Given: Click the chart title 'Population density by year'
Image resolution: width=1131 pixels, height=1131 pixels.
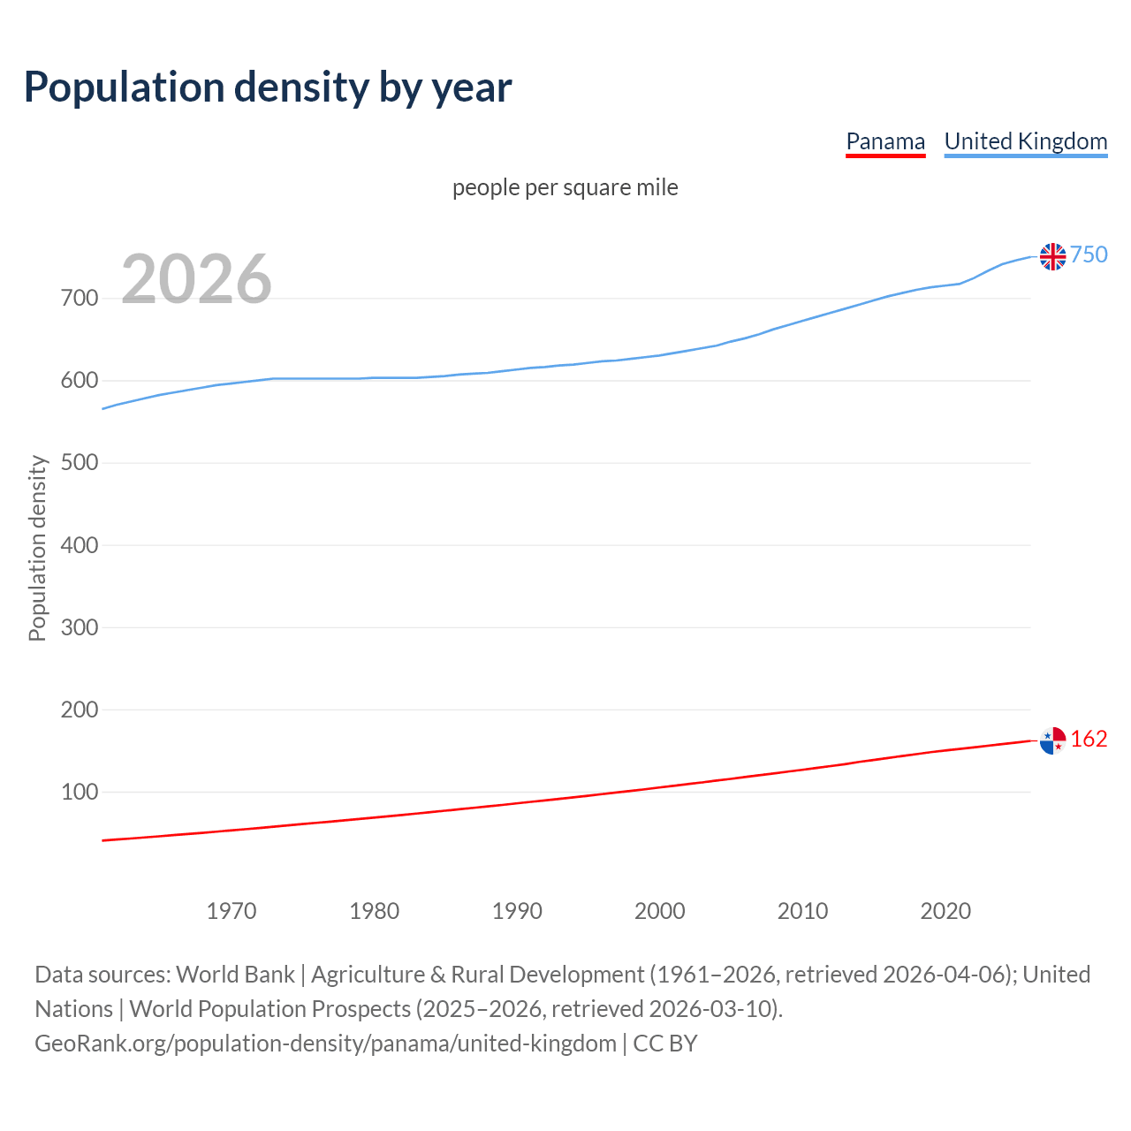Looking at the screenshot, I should click(x=268, y=87).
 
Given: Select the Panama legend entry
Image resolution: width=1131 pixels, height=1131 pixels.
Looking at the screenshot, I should click(x=885, y=141).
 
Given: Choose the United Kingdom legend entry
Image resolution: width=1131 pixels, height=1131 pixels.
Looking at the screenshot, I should click(x=1025, y=141).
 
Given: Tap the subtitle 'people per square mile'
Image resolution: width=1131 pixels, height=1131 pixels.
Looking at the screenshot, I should click(x=565, y=187).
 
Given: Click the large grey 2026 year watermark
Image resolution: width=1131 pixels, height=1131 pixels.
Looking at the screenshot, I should click(x=196, y=279).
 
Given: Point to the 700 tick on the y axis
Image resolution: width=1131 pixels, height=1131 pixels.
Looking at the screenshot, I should click(x=79, y=298).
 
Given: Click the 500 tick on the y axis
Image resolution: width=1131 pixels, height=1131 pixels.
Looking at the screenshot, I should click(x=79, y=463).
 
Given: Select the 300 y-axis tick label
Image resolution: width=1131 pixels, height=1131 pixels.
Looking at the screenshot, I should click(x=79, y=627).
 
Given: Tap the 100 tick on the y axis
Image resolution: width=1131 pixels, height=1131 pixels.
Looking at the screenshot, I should click(x=79, y=792).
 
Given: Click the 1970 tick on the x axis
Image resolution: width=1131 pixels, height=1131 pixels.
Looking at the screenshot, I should click(x=232, y=910).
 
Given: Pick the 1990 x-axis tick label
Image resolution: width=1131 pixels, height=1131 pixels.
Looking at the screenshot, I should click(x=517, y=910).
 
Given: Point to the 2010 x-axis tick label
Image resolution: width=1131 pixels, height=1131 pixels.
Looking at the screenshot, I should click(x=802, y=910).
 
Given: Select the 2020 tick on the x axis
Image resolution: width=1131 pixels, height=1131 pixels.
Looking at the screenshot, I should click(x=945, y=910).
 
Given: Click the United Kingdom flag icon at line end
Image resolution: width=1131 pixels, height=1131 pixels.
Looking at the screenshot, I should click(x=1052, y=256).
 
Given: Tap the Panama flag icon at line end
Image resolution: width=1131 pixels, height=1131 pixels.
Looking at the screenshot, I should click(x=1052, y=740).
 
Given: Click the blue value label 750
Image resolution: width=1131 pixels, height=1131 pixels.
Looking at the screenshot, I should click(x=1089, y=254).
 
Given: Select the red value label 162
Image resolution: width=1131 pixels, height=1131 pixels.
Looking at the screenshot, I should click(x=1089, y=739).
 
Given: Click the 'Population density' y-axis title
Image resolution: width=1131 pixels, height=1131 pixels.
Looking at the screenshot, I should click(x=37, y=548).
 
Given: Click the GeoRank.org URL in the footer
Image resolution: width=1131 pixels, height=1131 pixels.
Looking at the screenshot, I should click(x=325, y=1043).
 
